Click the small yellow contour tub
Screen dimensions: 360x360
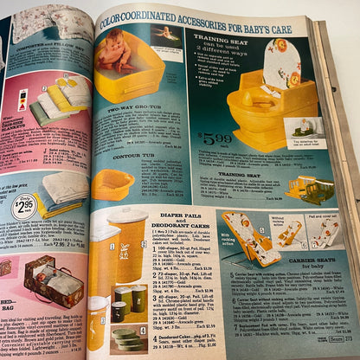(112, 183)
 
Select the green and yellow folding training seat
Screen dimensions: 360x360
(311, 188)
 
